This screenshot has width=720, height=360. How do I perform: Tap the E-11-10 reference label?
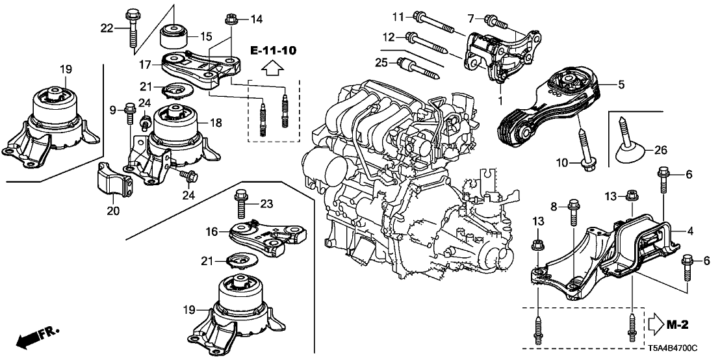270,50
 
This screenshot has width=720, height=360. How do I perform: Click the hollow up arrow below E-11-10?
271,66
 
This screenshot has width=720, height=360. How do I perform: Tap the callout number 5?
621,84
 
